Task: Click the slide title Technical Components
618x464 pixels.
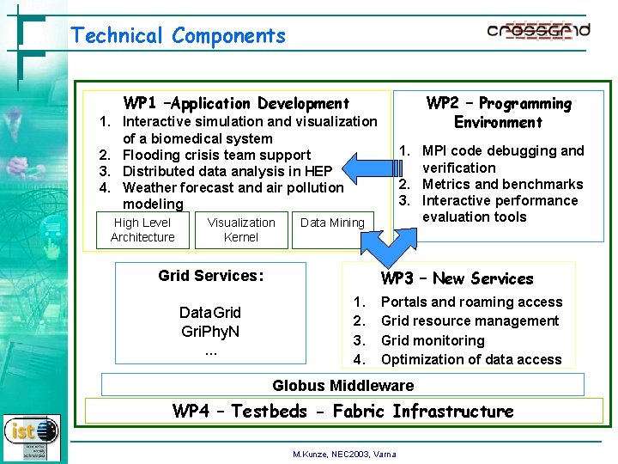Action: [178, 36]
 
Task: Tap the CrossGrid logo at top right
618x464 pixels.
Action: [538, 32]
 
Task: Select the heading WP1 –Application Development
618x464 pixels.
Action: [236, 103]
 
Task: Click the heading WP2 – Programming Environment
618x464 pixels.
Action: [499, 113]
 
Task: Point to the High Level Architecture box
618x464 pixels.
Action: [142, 229]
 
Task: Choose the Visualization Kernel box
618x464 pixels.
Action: [241, 229]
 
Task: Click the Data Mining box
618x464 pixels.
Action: [332, 223]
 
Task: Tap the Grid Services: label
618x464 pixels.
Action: [210, 276]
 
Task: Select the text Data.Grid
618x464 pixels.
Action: [210, 312]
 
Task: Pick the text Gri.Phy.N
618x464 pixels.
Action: [210, 331]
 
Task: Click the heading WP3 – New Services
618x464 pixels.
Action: [457, 278]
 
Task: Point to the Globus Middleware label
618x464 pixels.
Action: [342, 386]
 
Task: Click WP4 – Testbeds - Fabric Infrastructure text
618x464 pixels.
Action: [342, 412]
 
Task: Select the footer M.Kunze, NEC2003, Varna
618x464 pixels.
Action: [344, 454]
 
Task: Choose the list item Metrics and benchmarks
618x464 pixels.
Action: [502, 184]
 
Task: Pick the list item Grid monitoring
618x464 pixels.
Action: [433, 340]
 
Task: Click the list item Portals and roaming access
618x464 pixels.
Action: [471, 302]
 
